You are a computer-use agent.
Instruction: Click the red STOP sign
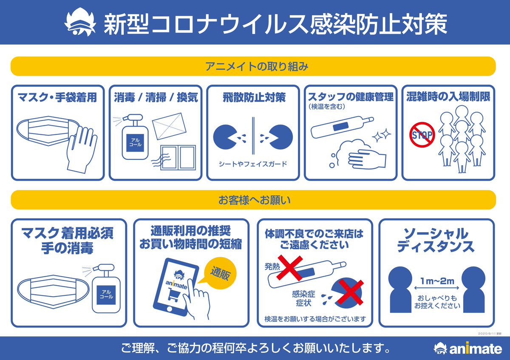click(x=422, y=135)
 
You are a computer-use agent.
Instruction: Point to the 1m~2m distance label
click(x=437, y=281)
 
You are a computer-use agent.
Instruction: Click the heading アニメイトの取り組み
click(x=253, y=66)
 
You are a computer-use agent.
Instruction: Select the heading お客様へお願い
click(x=253, y=200)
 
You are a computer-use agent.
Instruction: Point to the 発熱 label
click(x=272, y=266)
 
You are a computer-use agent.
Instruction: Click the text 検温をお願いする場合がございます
click(x=314, y=318)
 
